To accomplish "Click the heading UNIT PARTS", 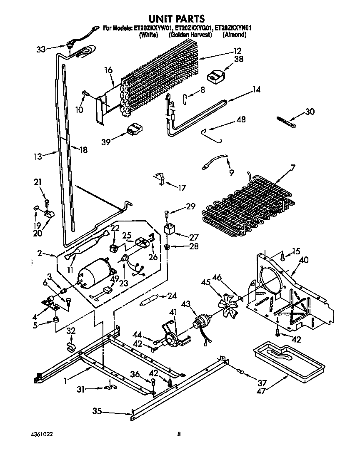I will click(x=177, y=18).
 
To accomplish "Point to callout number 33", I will click(x=41, y=50).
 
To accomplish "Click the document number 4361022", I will click(x=42, y=434).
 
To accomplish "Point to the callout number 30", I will click(x=310, y=112).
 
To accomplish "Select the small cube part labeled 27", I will click(x=170, y=229).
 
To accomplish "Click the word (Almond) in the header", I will click(x=235, y=35).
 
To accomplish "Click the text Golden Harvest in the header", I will click(x=190, y=35).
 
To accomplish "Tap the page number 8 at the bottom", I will click(x=179, y=434).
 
